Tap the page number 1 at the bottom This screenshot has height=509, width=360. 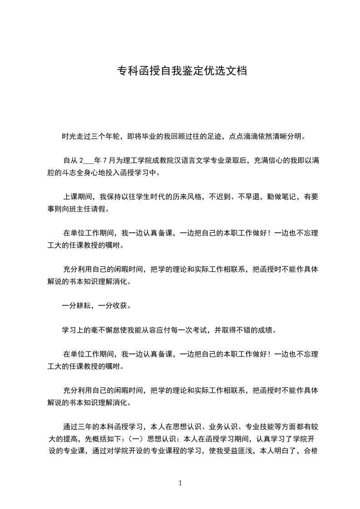point(180,483)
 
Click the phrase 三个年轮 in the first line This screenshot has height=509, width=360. point(104,136)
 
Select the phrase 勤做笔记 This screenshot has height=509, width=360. point(268,197)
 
